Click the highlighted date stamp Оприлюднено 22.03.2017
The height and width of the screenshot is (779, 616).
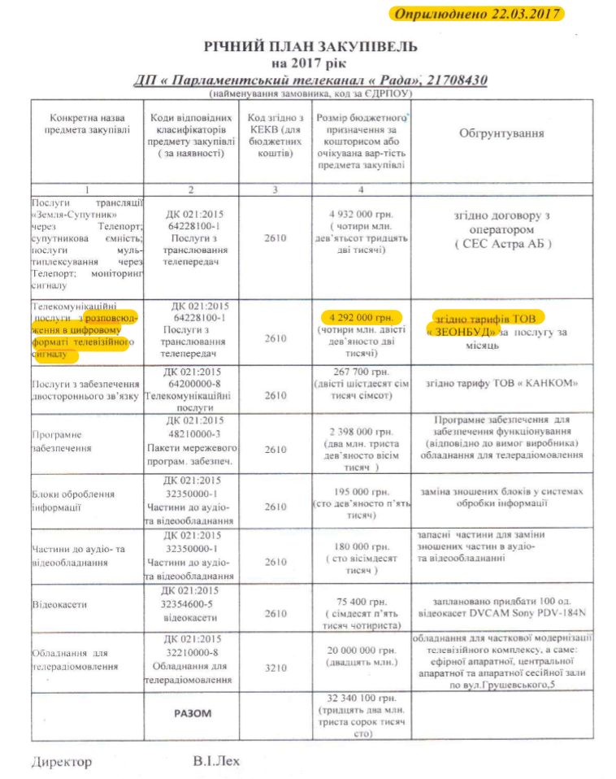pyautogui.click(x=477, y=14)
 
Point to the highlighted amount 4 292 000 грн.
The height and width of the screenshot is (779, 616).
pyautogui.click(x=356, y=317)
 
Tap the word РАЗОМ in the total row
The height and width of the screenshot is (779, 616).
pyautogui.click(x=193, y=713)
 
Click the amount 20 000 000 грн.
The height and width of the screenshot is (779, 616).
pyautogui.click(x=357, y=650)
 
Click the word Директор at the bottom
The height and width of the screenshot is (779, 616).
pyautogui.click(x=62, y=762)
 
